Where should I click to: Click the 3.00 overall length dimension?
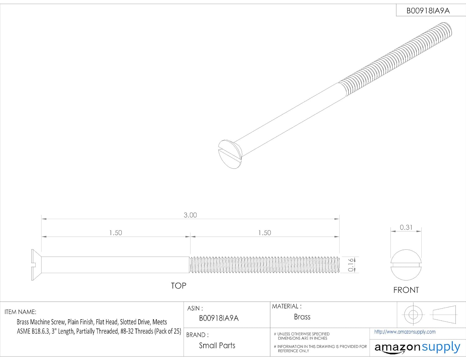pos(190,215)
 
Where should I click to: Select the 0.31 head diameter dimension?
pos(406,227)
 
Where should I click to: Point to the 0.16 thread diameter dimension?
pos(351,265)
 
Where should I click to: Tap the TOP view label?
pos(178,285)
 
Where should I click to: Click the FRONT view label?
pos(406,290)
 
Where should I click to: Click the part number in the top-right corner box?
pos(428,11)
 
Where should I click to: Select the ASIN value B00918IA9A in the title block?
pos(219,318)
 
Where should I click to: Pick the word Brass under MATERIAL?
pos(302,317)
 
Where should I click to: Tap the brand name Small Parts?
pos(217,345)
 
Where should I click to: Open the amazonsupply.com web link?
pos(405,332)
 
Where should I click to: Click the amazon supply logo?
pos(417,347)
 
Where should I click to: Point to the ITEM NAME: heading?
pos(21,312)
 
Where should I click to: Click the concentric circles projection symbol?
pos(413,315)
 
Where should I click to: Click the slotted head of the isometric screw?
pos(230,154)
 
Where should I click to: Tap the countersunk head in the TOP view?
pos(36,265)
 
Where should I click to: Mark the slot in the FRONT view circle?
pos(406,265)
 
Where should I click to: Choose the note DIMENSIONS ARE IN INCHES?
pos(302,338)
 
